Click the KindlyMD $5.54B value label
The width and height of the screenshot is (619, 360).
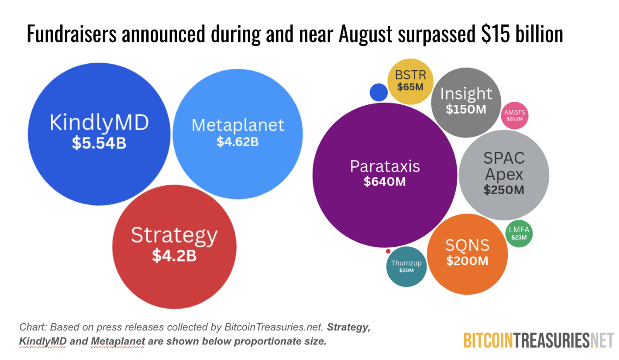pos(99,143)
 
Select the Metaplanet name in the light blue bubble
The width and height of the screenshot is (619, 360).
pos(237,125)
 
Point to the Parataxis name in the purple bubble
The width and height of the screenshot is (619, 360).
pos(385,166)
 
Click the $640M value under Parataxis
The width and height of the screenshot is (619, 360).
pos(385,181)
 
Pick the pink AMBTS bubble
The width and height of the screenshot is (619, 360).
pos(515,115)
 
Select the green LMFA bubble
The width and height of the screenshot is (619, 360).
pos(519,233)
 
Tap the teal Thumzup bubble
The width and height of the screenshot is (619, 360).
pos(406,266)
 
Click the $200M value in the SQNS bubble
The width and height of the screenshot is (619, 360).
pos(467,261)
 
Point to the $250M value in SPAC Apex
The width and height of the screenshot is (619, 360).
pos(504,190)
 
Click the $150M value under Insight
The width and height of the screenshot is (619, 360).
pos(466,109)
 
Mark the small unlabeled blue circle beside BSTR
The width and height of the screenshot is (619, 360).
pos(378,92)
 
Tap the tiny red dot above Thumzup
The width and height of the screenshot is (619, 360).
pos(388,251)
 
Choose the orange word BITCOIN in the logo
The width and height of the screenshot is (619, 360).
pos(488,340)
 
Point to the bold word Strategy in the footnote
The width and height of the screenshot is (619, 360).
pos(347,327)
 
